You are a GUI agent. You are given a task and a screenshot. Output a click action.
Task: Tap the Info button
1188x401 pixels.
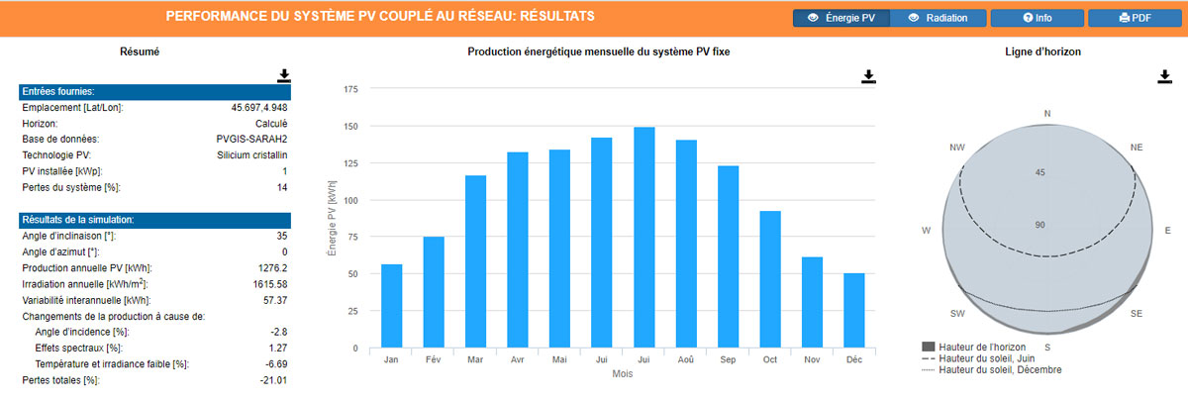[1037, 18]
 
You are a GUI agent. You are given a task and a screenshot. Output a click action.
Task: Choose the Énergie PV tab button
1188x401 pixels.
[841, 18]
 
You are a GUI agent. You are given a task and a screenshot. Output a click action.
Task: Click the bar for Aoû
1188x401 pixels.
[686, 244]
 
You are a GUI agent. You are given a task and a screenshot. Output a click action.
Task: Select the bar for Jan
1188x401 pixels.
[392, 306]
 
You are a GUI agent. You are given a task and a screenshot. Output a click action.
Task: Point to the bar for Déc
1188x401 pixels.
[853, 311]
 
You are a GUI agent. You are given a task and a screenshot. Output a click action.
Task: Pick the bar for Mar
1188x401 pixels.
[476, 261]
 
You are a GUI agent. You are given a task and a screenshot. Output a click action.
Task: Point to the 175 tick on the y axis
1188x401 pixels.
[349, 89]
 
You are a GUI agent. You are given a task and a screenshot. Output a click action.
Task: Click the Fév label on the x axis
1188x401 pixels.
[434, 360]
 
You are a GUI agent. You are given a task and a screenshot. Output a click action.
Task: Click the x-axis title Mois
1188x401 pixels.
[623, 374]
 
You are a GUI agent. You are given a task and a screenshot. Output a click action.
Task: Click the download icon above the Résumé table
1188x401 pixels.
[284, 75]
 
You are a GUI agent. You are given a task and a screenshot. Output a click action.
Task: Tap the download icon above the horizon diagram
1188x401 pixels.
[1164, 76]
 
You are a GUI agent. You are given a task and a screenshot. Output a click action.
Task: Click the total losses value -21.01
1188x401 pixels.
[271, 380]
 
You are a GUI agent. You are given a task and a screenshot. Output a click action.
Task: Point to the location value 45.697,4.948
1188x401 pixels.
[259, 107]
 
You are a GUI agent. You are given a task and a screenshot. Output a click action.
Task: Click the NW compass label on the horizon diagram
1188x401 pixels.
[956, 148]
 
